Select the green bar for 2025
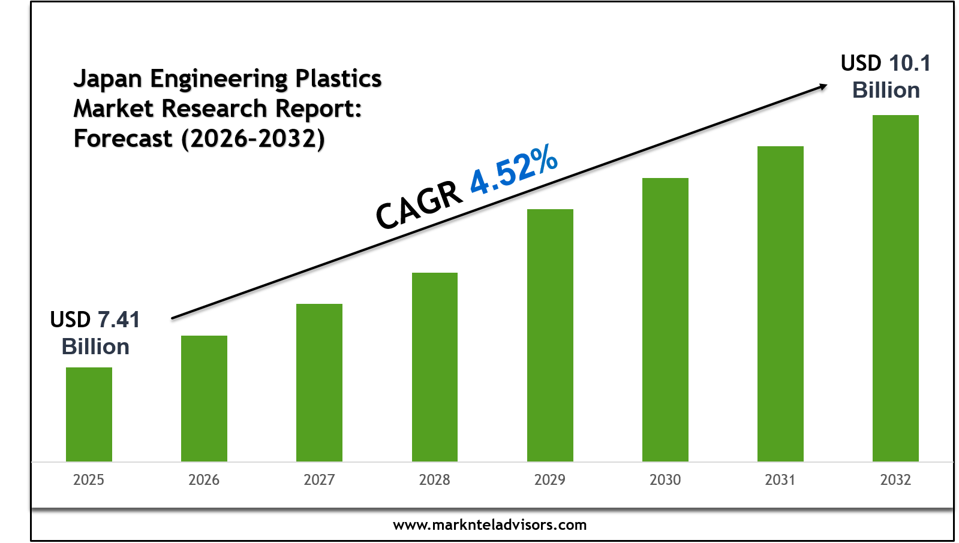click(x=89, y=414)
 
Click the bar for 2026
click(x=204, y=399)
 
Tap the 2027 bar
click(x=319, y=382)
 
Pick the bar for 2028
click(x=435, y=367)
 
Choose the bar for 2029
click(x=550, y=335)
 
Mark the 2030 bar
click(x=665, y=319)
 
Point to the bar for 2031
click(x=780, y=303)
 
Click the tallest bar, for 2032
click(x=895, y=288)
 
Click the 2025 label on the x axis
click(x=89, y=480)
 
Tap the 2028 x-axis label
click(x=435, y=480)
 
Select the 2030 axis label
click(x=665, y=480)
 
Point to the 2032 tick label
click(x=895, y=480)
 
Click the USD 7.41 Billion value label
click(x=95, y=333)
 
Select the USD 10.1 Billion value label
click(x=886, y=77)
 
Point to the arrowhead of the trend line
click(x=823, y=87)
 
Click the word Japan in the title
click(x=107, y=79)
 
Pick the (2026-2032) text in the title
click(x=253, y=139)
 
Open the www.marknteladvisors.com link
click(x=489, y=525)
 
